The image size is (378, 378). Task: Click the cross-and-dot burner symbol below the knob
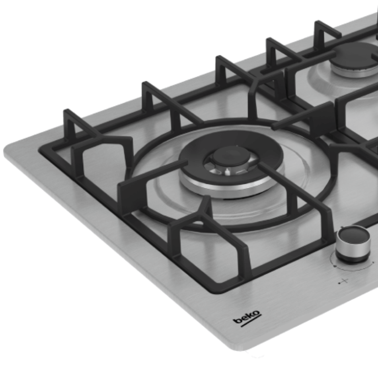343,281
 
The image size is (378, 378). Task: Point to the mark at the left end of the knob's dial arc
335,266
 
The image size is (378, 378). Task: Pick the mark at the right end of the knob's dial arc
373,262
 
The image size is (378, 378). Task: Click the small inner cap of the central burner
232,156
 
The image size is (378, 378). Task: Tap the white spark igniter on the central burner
227,171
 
